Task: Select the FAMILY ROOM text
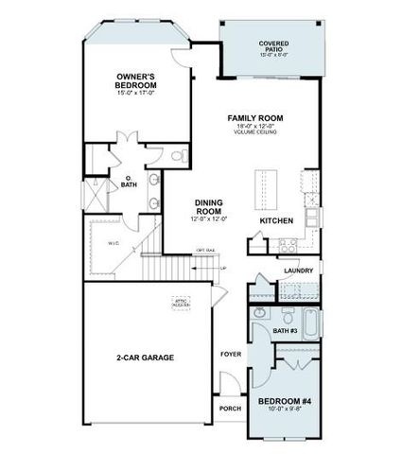pos(255,118)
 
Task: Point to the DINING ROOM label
pos(209,205)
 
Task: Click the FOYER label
pos(230,354)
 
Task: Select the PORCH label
pos(230,409)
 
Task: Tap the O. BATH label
pos(129,182)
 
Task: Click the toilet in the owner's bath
pos(179,156)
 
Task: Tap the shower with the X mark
pos(96,196)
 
